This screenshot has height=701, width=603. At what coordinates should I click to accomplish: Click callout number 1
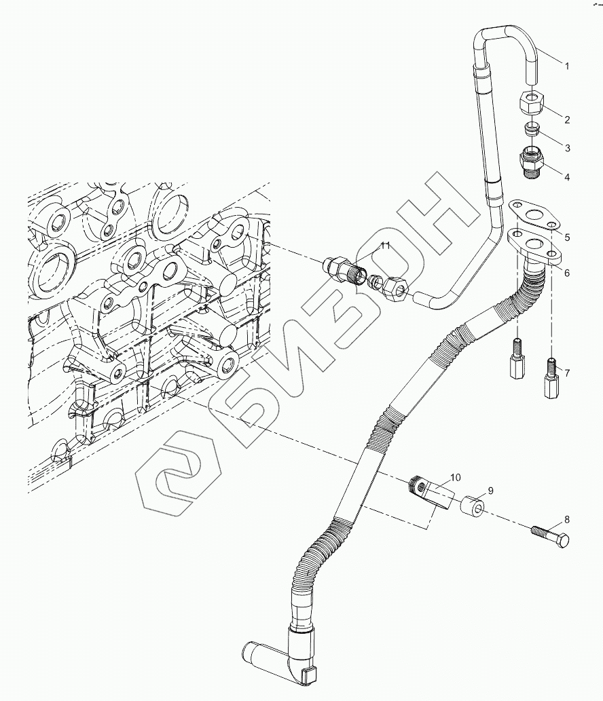tap(567, 67)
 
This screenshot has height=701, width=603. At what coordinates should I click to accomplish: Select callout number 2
tap(567, 119)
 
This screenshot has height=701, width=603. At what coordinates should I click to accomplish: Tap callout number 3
tap(567, 147)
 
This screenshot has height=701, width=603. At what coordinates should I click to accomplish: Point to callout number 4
tap(567, 177)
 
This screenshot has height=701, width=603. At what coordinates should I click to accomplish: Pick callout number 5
tap(567, 238)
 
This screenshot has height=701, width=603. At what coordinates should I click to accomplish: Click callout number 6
tap(567, 273)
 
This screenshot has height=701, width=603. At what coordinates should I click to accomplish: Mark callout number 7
tap(567, 373)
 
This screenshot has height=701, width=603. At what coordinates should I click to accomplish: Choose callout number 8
tap(567, 520)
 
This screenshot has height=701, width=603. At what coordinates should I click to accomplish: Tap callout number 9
tap(490, 491)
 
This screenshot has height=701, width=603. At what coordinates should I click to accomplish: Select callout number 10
tap(455, 478)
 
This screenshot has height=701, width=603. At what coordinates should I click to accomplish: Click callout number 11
tap(385, 246)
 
